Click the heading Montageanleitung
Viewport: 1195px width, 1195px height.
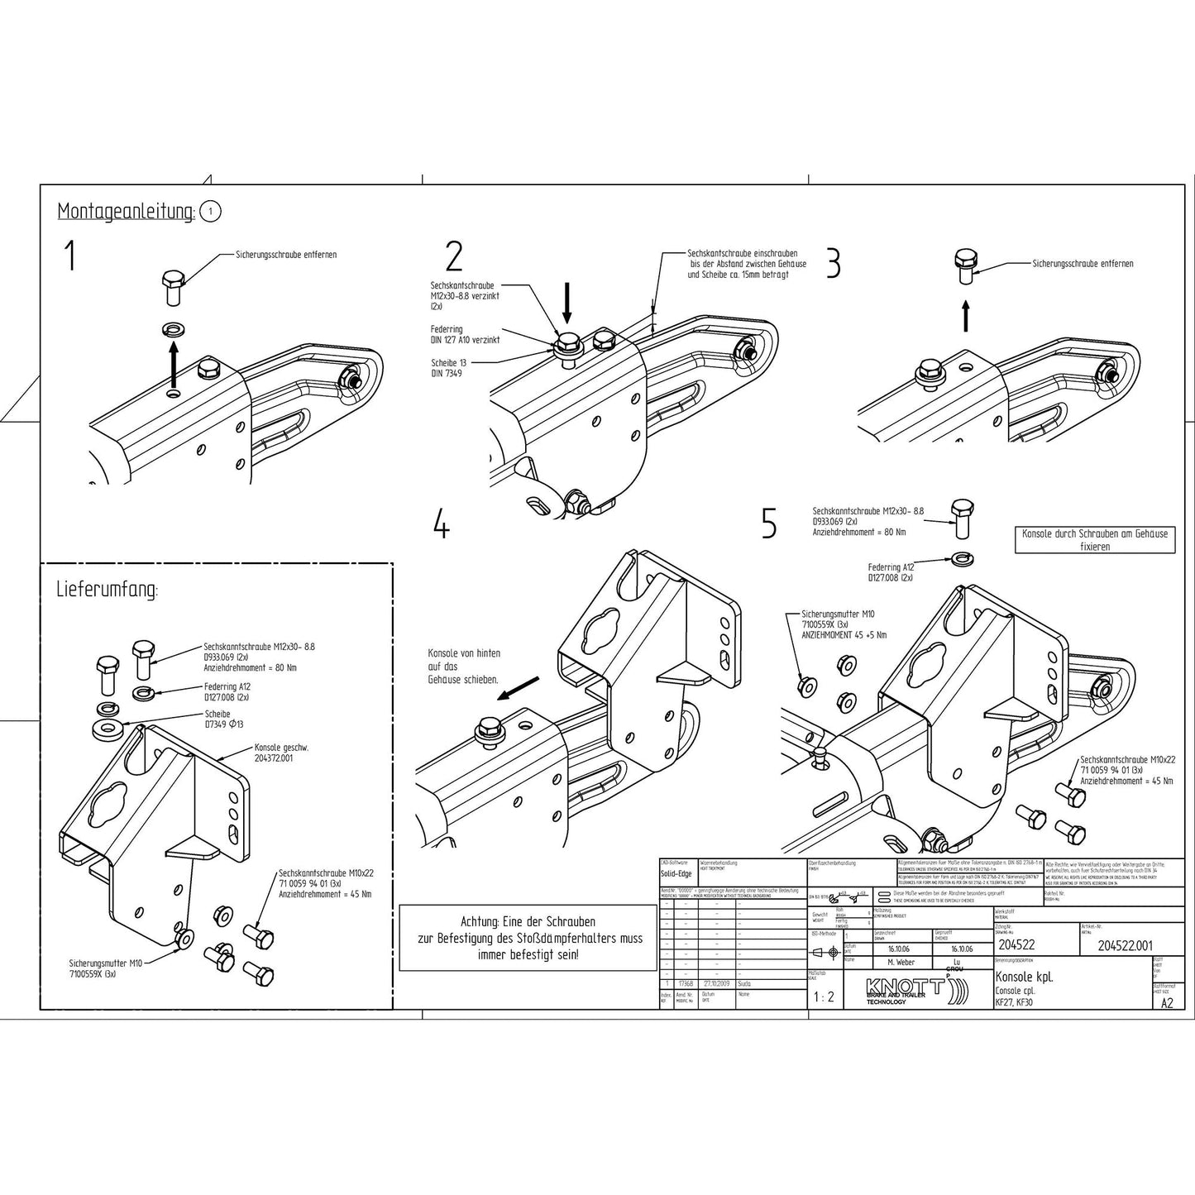pos(125,212)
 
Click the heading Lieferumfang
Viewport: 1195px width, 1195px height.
pos(107,590)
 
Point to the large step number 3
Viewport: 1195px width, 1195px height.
pos(834,263)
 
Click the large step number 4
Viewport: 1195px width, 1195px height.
pos(442,523)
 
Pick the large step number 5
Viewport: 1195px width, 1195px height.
pos(769,523)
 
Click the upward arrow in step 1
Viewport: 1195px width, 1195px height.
pos(174,365)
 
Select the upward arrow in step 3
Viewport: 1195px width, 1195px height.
pos(966,315)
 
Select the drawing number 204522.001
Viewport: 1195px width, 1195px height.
pos(1125,945)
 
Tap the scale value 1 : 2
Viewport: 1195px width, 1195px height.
pos(824,997)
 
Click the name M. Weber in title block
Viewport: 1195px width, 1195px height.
pos(901,963)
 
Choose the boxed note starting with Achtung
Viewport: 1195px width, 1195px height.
pos(528,938)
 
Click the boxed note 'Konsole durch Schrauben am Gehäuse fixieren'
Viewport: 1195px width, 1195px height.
pos(1095,540)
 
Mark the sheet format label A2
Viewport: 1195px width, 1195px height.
pos(1167,1003)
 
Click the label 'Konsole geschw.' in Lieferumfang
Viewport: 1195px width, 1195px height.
pos(281,752)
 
